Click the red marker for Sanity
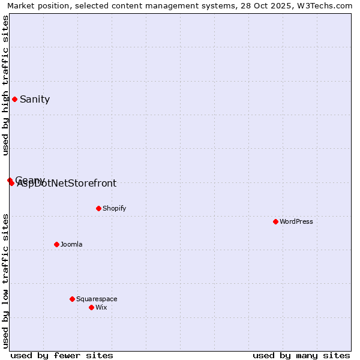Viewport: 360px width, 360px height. coord(14,99)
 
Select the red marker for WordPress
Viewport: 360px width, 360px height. coord(275,221)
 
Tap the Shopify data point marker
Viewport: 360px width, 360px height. coord(98,208)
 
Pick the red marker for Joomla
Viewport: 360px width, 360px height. coord(56,244)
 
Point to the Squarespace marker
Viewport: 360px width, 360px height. coord(72,299)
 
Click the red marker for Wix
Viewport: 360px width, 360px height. coord(91,307)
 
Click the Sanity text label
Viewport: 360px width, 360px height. coord(35,100)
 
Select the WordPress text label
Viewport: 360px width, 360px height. coord(296,221)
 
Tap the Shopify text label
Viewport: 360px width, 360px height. coord(114,208)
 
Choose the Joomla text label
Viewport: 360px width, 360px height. coord(71,244)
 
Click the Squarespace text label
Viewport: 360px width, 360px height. coord(97,299)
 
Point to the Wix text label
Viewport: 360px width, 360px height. coord(101,307)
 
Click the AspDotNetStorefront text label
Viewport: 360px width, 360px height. coord(67,184)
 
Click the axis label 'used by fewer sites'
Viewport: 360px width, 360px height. coord(62,355)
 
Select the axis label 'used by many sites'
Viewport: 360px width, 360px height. coord(301,355)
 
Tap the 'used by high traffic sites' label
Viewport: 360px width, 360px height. coord(5,85)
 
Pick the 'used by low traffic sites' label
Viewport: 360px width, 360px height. coord(5,281)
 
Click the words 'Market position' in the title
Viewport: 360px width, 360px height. coord(37,5)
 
